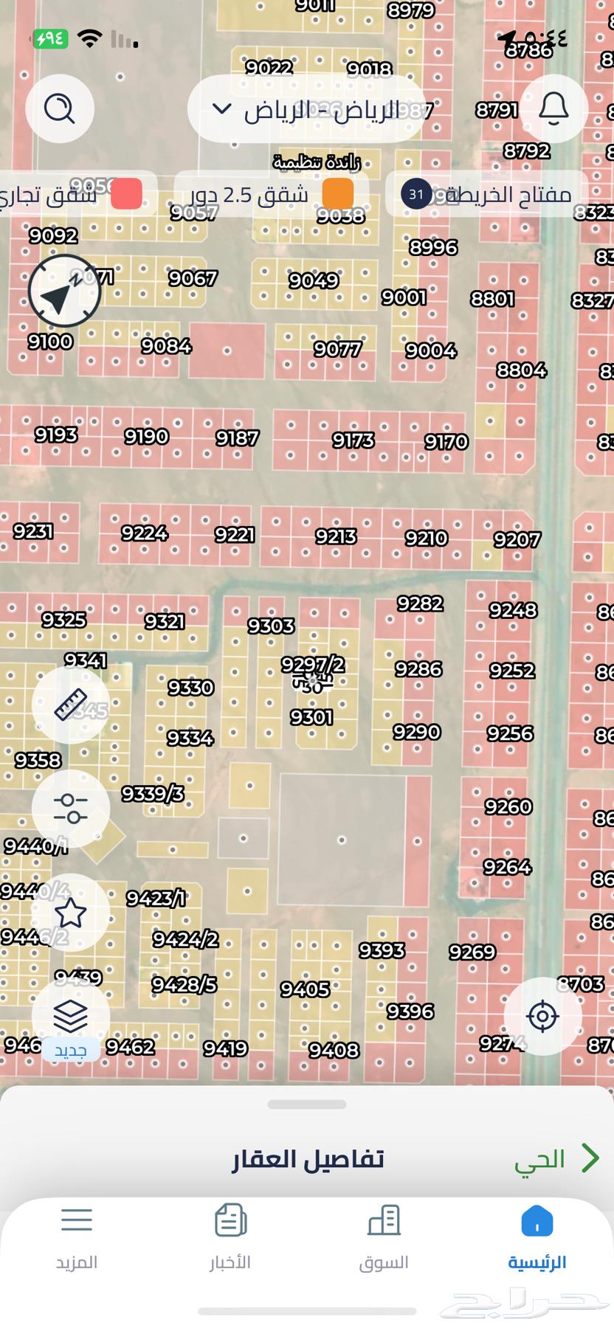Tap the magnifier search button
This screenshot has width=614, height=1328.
pos(60,108)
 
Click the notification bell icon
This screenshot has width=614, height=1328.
pos(553,108)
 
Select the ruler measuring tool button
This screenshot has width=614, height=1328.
pos(71,705)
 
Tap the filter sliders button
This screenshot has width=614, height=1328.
pos(71,809)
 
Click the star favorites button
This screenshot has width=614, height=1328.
pos(71,913)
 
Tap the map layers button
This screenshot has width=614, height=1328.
pos(71,1017)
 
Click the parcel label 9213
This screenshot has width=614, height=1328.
pos(336,536)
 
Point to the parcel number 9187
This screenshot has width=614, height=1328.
pos(237,438)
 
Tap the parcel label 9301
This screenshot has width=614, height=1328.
pos(311,717)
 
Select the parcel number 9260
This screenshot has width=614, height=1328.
pos(508,806)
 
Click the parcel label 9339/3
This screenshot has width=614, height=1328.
pos(153,794)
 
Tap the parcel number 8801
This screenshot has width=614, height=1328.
pos(492,299)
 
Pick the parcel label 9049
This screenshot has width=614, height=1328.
pos(314,280)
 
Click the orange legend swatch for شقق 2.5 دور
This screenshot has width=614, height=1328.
pos(338,194)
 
